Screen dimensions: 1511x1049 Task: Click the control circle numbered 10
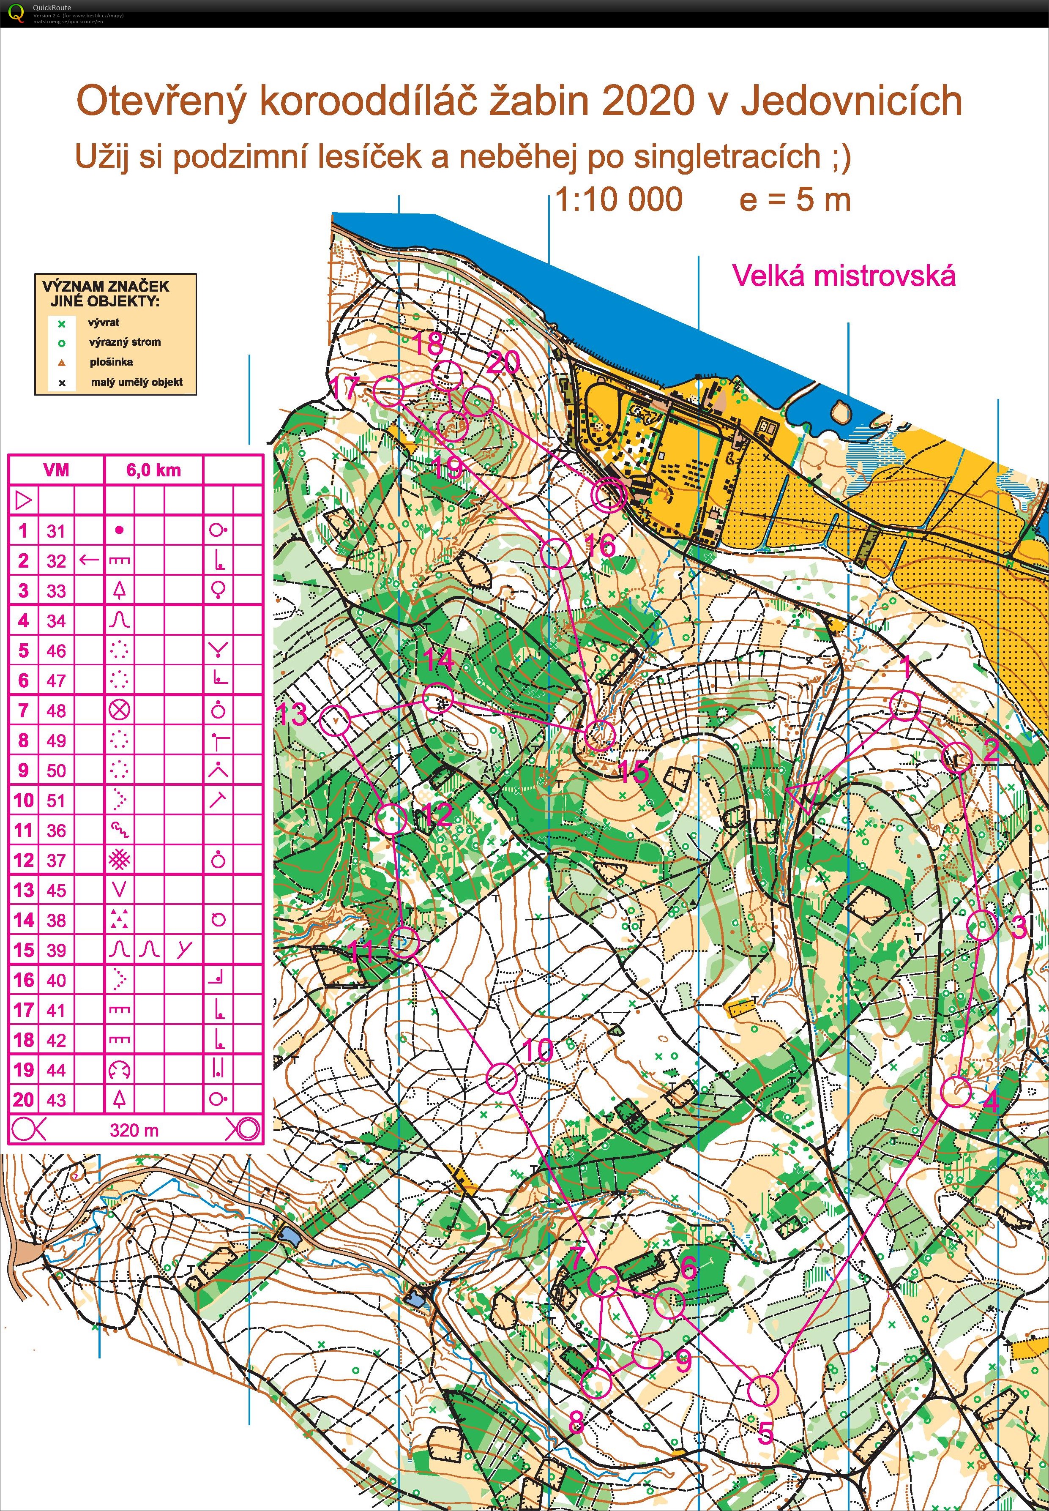coord(502,1078)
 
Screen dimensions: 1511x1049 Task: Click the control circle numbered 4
coord(956,1092)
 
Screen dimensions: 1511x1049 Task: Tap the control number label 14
coord(438,659)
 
